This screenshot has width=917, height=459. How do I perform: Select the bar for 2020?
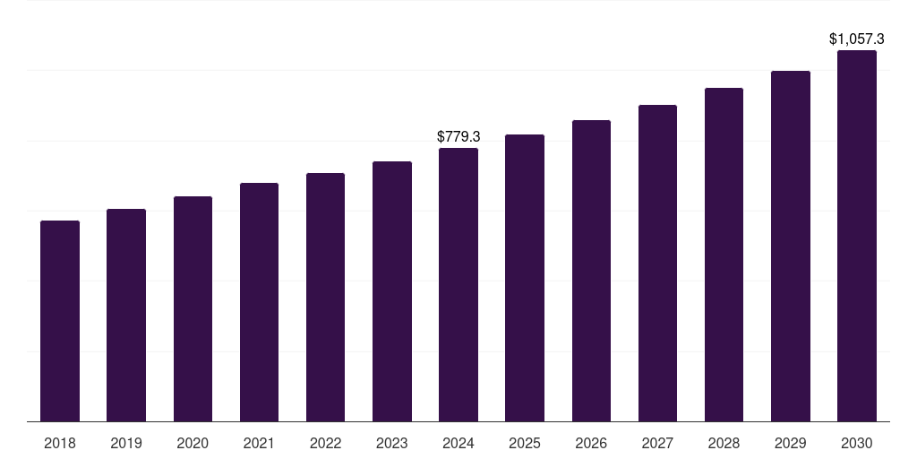point(193,308)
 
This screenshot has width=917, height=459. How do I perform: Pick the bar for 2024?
point(458,284)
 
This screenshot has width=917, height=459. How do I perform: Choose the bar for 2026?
point(591,271)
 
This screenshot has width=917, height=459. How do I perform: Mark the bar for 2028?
point(724,255)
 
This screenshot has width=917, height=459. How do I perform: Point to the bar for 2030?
point(857,236)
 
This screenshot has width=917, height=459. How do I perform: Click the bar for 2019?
point(126,315)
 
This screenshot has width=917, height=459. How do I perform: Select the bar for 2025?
point(525,278)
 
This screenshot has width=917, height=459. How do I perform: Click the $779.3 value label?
point(458,136)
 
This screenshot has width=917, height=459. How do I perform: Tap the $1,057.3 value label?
point(857,39)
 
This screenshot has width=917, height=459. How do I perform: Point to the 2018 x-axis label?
point(60,443)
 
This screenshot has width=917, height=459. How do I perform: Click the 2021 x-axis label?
point(259,443)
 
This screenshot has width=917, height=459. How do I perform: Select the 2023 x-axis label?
point(392,443)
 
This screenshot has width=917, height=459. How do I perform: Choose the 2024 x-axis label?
point(458,443)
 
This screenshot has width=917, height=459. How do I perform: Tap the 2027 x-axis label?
point(657,443)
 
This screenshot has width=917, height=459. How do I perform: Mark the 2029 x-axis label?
point(791,443)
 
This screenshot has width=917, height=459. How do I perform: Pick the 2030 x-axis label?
point(857,443)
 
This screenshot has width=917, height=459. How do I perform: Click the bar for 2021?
point(259,302)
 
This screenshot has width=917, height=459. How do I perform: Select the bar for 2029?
point(791,246)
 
